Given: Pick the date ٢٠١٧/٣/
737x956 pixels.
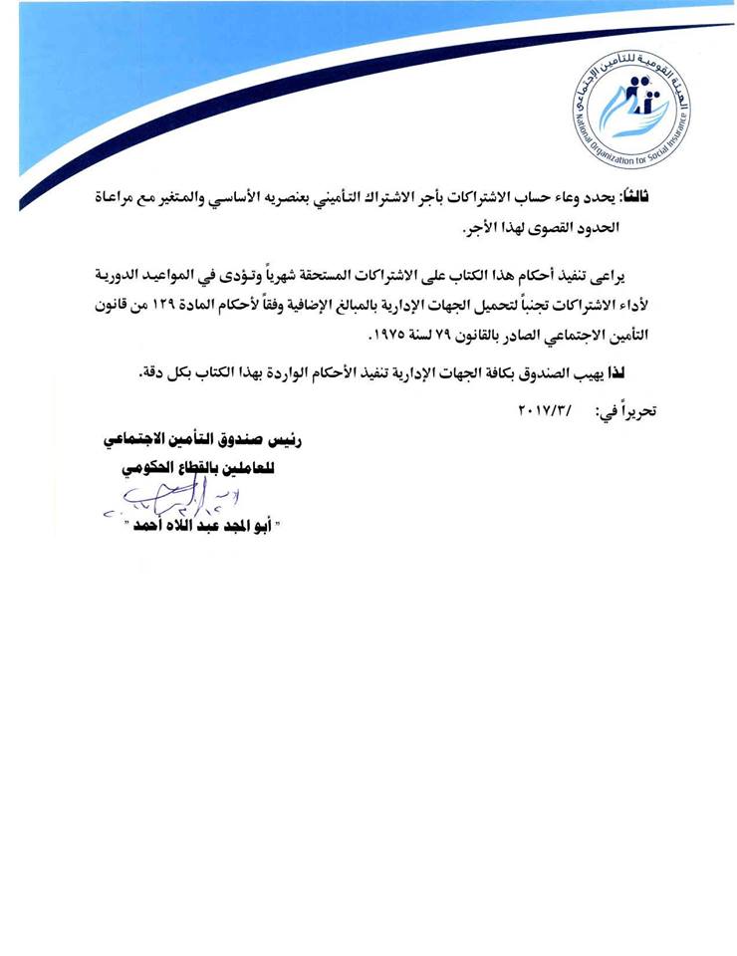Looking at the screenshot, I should click(547, 409).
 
